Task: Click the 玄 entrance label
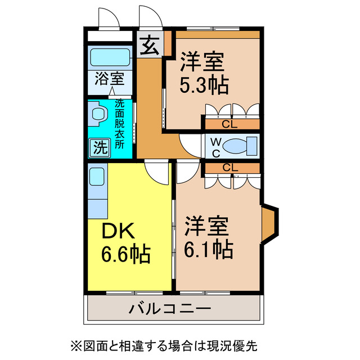(149, 46)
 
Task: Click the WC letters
(215, 146)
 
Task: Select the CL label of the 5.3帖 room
(229, 124)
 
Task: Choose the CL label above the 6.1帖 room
(229, 167)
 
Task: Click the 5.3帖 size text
(204, 85)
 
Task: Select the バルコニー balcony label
(170, 308)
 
